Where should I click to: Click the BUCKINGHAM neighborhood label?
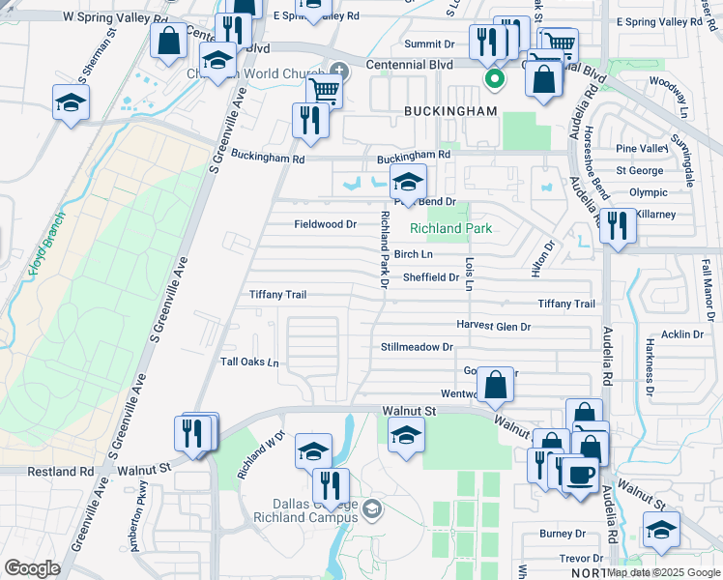coord(459,111)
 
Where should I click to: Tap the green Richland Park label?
coord(450,229)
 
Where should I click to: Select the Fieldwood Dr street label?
coord(326,224)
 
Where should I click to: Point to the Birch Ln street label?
coord(413,254)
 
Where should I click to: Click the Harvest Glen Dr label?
coord(494,327)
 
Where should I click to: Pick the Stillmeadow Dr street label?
coord(417,346)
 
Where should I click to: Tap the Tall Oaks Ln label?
coord(249,362)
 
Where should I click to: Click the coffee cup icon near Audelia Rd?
coord(580,476)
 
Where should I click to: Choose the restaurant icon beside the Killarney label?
coord(616,225)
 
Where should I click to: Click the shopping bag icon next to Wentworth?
coord(495,385)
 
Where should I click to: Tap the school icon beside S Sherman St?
coord(71,102)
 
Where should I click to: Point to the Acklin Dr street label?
coord(682,334)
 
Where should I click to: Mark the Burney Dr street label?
coord(563,534)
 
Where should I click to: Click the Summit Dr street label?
coord(429,44)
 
